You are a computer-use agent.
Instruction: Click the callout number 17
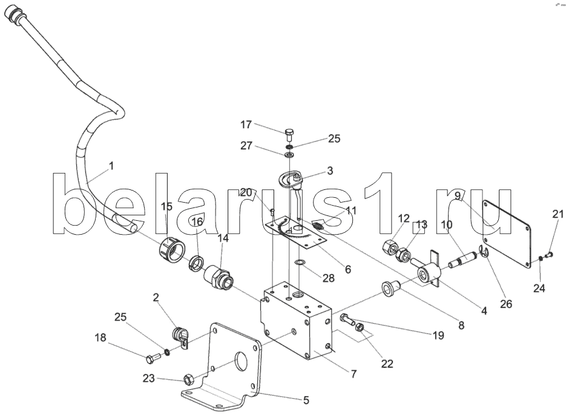246,125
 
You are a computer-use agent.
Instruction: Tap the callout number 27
246,145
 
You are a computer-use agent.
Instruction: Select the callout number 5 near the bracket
306,400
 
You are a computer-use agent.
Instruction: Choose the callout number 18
100,339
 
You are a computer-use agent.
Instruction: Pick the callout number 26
506,304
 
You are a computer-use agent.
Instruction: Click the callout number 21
557,214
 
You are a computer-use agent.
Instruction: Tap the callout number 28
327,278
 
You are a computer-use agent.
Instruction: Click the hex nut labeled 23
188,380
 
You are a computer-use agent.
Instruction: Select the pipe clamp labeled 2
180,336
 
